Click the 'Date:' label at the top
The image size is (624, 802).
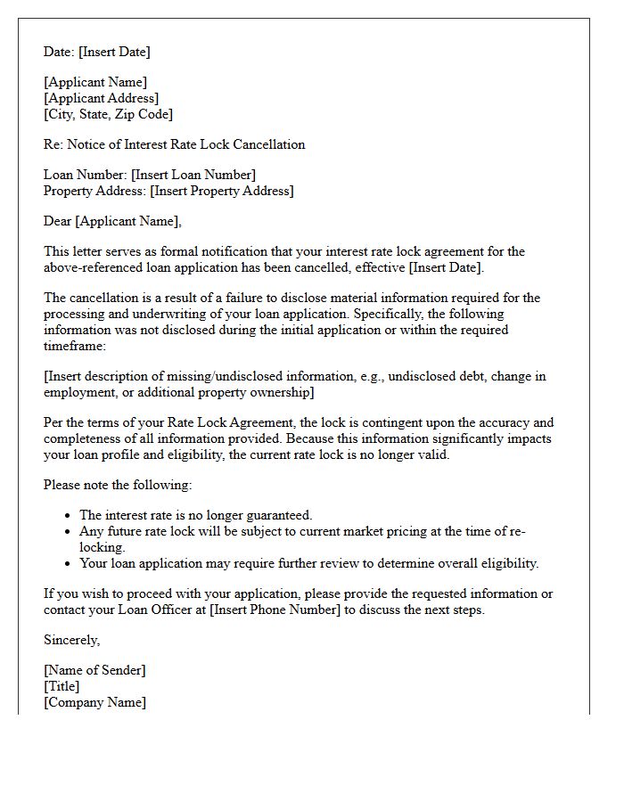(x=61, y=52)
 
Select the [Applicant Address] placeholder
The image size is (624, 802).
(x=101, y=98)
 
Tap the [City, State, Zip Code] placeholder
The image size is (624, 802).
(x=108, y=114)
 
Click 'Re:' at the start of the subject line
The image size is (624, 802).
(x=53, y=144)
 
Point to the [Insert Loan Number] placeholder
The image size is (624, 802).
(x=193, y=175)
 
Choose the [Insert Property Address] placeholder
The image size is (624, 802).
(x=221, y=191)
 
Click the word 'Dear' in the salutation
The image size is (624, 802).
(x=58, y=221)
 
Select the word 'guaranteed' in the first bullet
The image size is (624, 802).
(x=277, y=515)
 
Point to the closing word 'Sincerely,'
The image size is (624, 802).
(x=72, y=640)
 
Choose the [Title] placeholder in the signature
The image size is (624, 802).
(x=62, y=686)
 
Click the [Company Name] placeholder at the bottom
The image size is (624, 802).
(x=94, y=702)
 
